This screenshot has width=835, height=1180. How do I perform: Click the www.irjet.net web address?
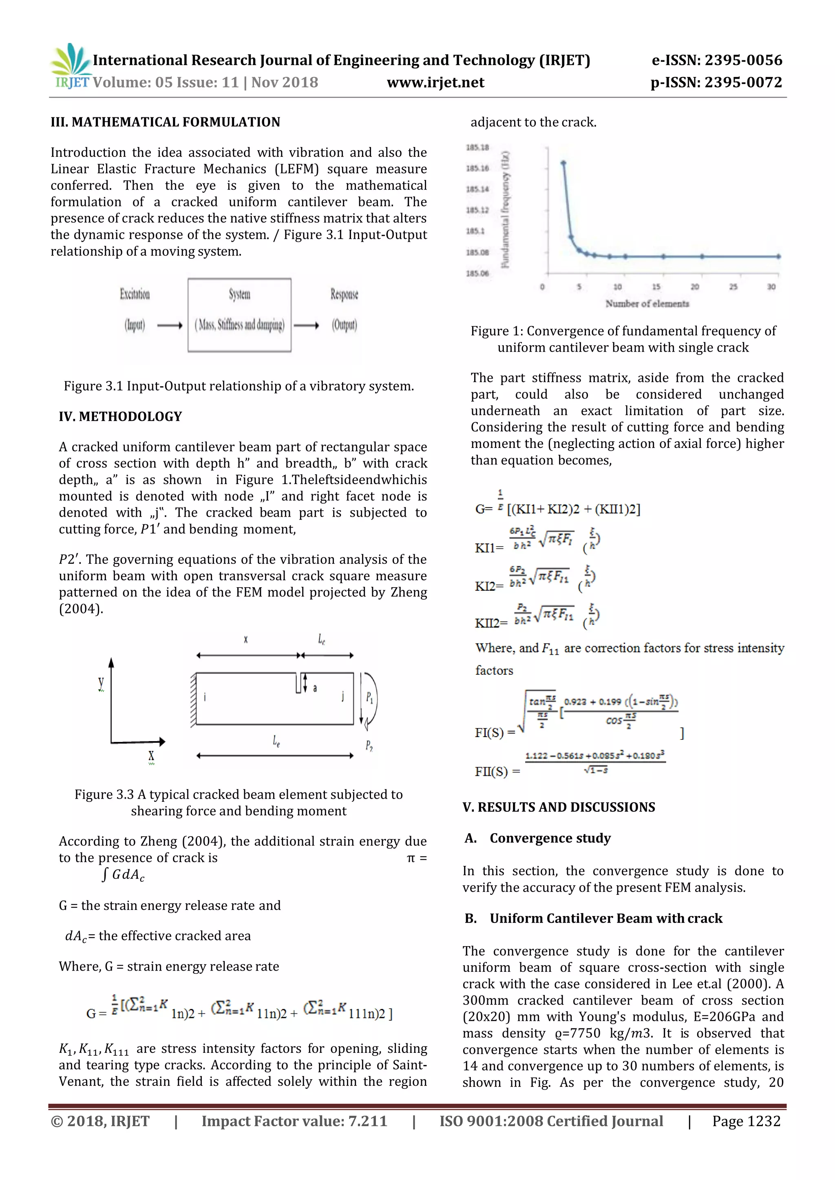(x=435, y=83)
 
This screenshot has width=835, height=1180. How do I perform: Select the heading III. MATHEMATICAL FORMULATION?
(x=165, y=122)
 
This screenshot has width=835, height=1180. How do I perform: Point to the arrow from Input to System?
(x=170, y=325)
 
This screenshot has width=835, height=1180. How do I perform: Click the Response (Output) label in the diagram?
(x=344, y=309)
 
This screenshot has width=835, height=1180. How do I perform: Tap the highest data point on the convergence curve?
(x=563, y=163)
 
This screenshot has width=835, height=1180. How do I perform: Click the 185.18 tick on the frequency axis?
(x=477, y=147)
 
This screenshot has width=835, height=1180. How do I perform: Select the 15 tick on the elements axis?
(x=656, y=287)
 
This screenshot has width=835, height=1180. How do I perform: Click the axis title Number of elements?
(x=647, y=304)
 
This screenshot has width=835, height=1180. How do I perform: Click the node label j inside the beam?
(x=342, y=696)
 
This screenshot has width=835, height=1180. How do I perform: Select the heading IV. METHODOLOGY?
(x=120, y=416)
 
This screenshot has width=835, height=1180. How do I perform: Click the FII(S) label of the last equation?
(x=491, y=771)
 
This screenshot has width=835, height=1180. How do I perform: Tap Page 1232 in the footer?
(x=746, y=1121)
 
